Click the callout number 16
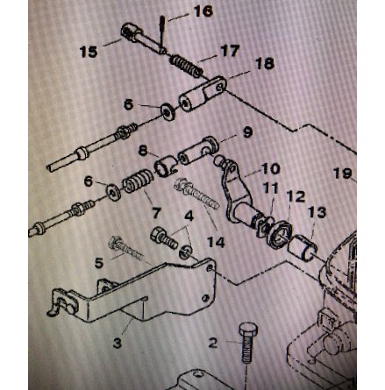click(203, 11)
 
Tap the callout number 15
click(89, 52)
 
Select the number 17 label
click(230, 52)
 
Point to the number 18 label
click(265, 64)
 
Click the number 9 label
click(247, 132)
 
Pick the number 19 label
click(343, 174)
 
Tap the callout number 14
click(216, 242)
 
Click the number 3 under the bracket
click(117, 343)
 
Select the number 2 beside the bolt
click(213, 343)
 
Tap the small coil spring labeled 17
click(186, 66)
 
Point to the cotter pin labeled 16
click(161, 34)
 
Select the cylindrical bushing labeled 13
click(303, 248)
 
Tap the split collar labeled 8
click(166, 167)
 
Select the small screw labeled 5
click(126, 249)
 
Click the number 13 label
click(317, 212)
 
